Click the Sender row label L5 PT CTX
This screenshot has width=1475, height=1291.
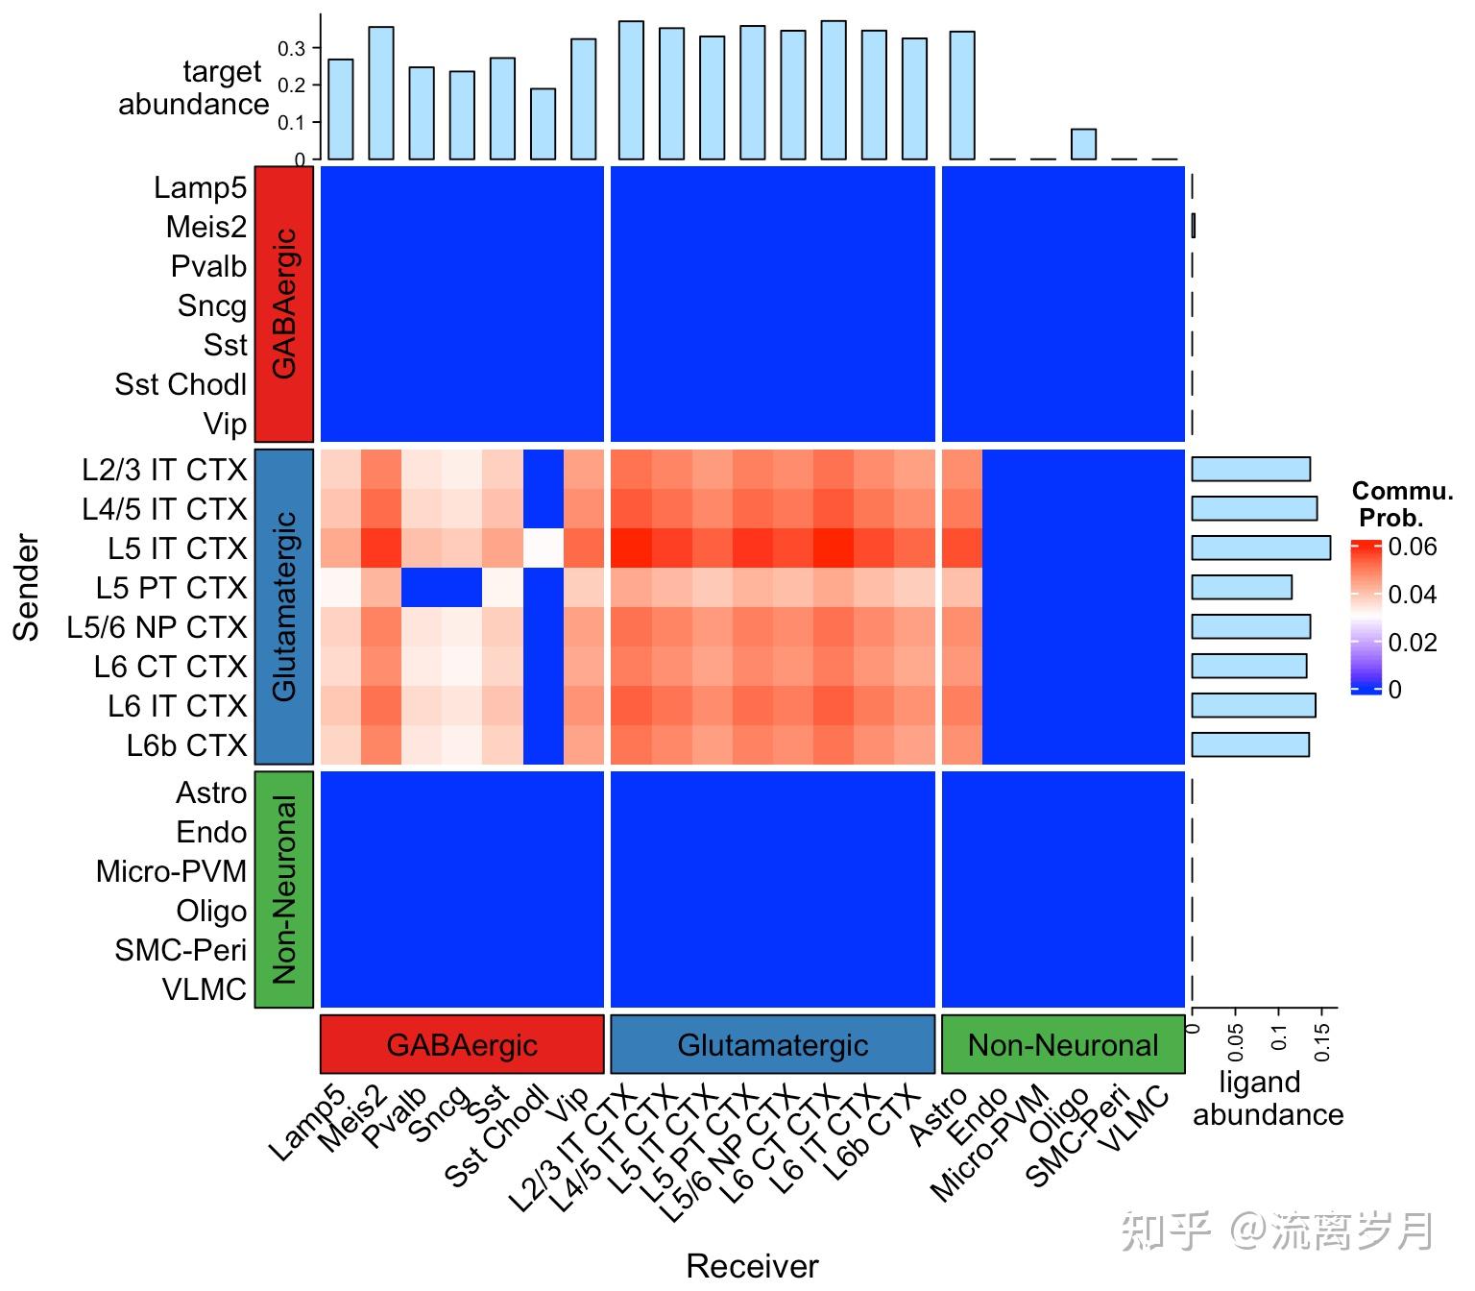[x=171, y=588]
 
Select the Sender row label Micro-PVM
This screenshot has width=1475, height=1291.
[x=171, y=871]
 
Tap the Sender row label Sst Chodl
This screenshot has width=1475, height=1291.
[x=181, y=384]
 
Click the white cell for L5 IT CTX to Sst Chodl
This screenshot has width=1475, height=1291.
[x=544, y=548]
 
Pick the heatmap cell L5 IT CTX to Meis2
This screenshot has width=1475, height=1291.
[x=381, y=548]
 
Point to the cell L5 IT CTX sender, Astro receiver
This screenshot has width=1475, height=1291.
[x=962, y=548]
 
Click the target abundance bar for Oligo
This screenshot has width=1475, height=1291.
[x=1083, y=144]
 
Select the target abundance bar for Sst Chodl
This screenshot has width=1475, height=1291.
[x=543, y=124]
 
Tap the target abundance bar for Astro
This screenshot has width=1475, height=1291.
[x=962, y=96]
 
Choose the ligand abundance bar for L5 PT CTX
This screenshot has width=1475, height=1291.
[x=1242, y=587]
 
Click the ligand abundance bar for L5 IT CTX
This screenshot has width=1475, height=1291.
[x=1261, y=548]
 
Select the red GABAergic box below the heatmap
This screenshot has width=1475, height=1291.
[x=462, y=1044]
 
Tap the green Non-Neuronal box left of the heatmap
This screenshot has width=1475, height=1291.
[x=284, y=889]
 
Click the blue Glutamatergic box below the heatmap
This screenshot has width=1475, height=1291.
[x=773, y=1044]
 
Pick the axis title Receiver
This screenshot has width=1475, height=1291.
[x=752, y=1266]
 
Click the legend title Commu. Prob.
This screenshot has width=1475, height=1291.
[x=1401, y=505]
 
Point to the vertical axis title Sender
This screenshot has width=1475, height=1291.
[x=28, y=587]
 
